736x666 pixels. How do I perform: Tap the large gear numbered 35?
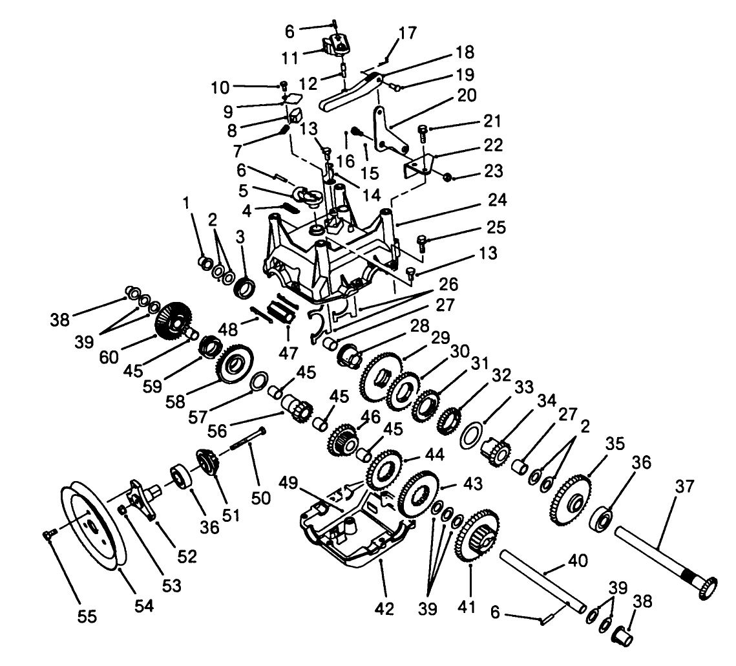[571, 502]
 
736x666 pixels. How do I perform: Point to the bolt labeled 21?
[422, 133]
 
